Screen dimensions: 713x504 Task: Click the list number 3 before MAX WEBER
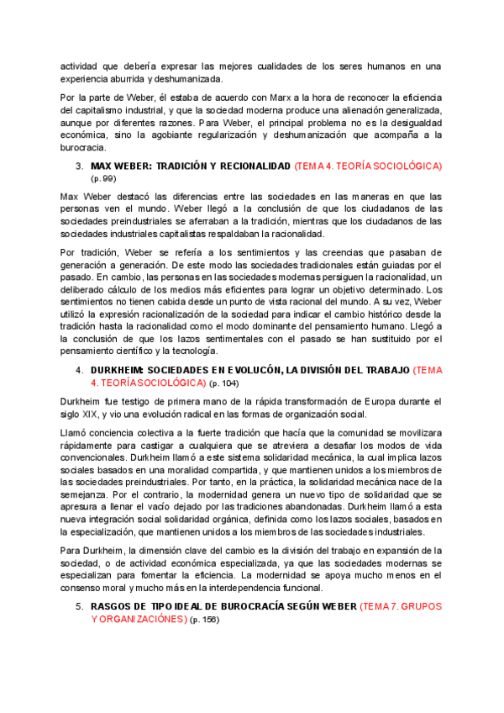pyautogui.click(x=78, y=166)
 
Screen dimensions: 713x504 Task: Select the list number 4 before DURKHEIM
pyautogui.click(x=78, y=370)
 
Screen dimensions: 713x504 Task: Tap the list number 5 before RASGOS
pyautogui.click(x=78, y=606)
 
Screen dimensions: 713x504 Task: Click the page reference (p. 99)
pyautogui.click(x=103, y=179)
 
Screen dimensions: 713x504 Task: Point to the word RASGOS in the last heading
pyautogui.click(x=110, y=606)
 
